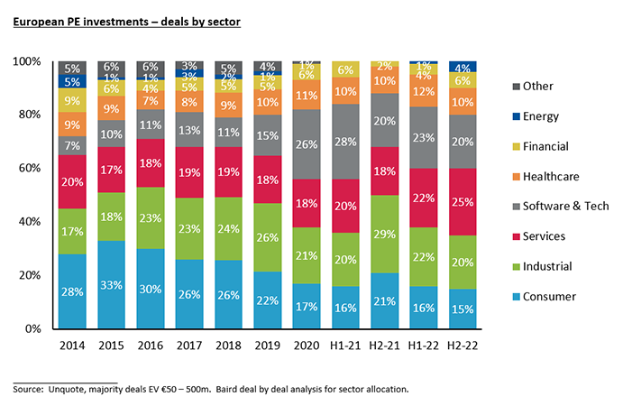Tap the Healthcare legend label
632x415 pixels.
click(558, 176)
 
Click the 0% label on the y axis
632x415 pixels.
click(33, 328)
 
